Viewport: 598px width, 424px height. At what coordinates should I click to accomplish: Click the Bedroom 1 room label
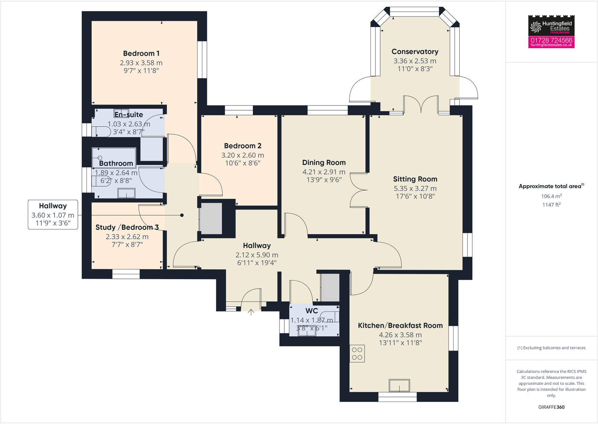click(141, 53)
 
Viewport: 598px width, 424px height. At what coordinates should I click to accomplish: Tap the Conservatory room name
click(415, 52)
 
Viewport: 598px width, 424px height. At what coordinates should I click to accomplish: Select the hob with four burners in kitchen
click(357, 354)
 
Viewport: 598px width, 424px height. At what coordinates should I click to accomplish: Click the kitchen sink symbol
click(399, 386)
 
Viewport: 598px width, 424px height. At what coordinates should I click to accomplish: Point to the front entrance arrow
click(251, 312)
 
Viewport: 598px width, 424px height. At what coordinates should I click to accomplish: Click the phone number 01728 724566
click(551, 40)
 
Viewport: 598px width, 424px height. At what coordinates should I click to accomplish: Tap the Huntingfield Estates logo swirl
click(535, 26)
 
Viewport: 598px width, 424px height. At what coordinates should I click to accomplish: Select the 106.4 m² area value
click(551, 196)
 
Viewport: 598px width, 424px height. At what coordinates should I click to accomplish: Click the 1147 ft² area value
click(551, 205)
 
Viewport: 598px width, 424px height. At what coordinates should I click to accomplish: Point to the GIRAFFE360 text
click(551, 407)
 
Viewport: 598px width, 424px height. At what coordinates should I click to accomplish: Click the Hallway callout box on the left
click(53, 215)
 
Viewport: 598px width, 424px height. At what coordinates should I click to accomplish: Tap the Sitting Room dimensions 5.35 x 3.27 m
click(415, 188)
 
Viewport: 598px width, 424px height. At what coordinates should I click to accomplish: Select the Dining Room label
click(324, 163)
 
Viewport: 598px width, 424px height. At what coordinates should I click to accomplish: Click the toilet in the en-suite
click(101, 131)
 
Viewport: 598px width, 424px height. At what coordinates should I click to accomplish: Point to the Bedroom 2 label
click(243, 146)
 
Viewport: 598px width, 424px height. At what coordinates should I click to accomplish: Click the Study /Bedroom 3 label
click(127, 227)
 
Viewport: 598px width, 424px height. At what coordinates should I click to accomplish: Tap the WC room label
click(311, 311)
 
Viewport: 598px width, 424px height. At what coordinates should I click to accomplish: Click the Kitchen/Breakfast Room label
click(400, 325)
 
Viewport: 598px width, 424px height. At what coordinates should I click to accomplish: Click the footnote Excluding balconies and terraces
click(551, 348)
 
